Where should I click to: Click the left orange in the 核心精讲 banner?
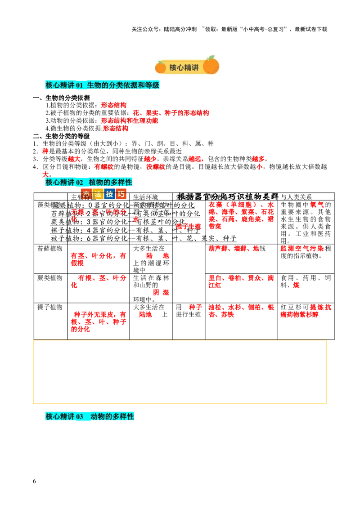[x=161, y=67]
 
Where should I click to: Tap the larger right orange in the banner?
[x=211, y=66]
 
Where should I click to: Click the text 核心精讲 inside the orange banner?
[x=184, y=67]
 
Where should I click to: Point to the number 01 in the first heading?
[x=80, y=85]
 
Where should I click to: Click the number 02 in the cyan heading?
[x=80, y=182]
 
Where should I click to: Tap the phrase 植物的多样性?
[x=110, y=182]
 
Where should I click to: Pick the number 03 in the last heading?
[x=80, y=416]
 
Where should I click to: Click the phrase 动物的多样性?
[x=112, y=416]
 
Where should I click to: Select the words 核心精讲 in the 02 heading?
[x=60, y=182]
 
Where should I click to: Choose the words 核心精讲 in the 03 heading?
[x=60, y=416]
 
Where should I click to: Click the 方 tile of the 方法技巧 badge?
[x=85, y=194]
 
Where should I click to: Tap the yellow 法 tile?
[x=98, y=194]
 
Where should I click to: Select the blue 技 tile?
[x=109, y=194]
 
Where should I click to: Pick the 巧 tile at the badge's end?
[x=121, y=194]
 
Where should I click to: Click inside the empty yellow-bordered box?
[x=180, y=372]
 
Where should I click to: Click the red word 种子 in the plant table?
[x=194, y=308]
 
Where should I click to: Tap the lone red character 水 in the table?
[x=135, y=219]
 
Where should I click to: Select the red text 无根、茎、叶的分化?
[x=98, y=212]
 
